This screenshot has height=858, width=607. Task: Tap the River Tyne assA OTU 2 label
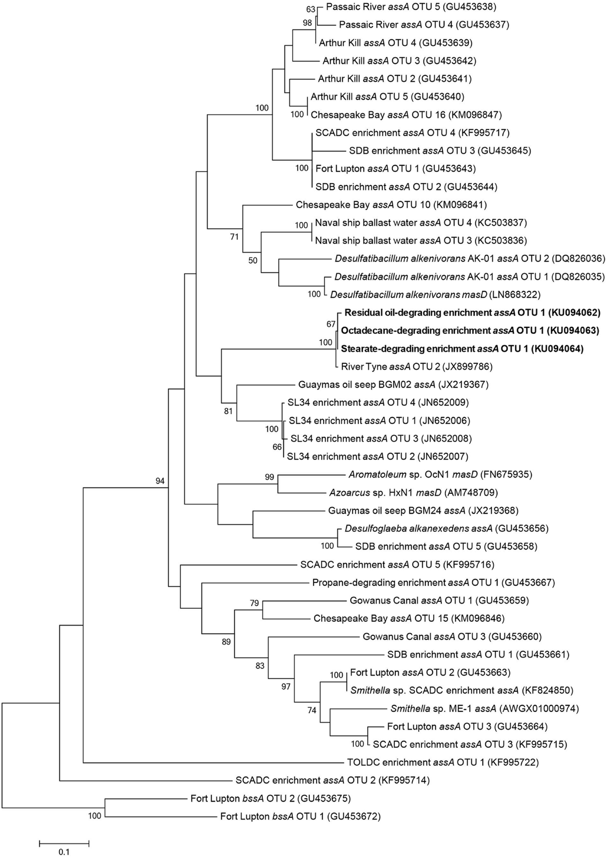[x=417, y=367]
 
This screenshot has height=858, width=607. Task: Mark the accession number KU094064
[x=557, y=349]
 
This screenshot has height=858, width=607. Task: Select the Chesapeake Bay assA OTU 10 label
[x=391, y=205]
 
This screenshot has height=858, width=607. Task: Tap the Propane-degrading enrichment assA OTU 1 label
[x=433, y=582]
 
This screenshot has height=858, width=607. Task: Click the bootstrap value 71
[x=234, y=237]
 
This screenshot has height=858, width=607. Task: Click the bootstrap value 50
[x=253, y=260]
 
